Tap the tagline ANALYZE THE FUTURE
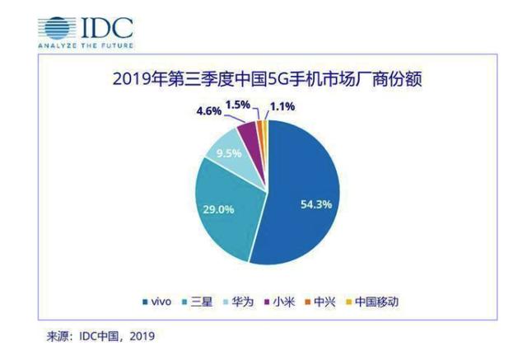pos(86,45)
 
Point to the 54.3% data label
pos(315,203)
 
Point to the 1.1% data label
pos(282,105)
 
